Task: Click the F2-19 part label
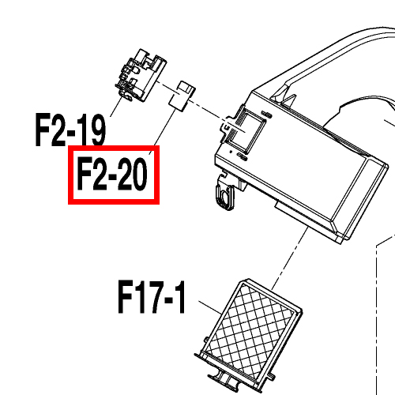coord(70,130)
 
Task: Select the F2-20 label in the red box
coord(112,174)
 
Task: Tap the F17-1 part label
coord(152,297)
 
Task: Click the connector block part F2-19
coord(141,76)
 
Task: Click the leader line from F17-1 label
coord(210,307)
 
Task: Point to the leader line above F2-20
coord(163,132)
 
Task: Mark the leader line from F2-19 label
coord(116,107)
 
